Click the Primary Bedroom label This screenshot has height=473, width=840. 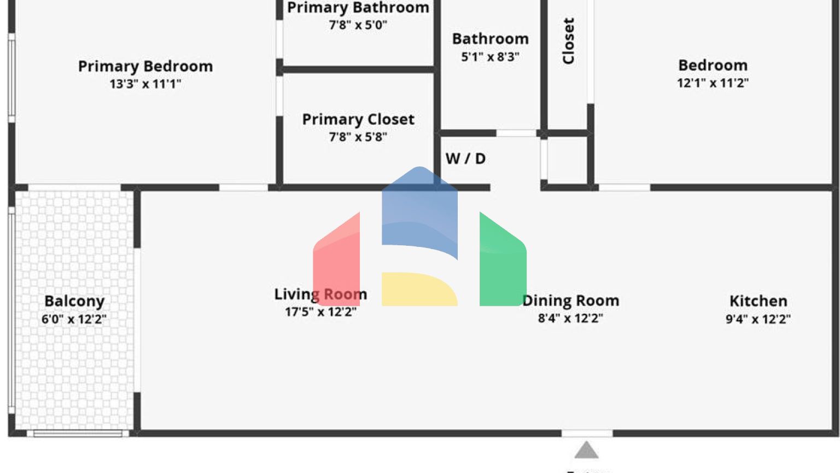tap(145, 66)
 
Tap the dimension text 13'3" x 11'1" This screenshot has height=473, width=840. tap(145, 84)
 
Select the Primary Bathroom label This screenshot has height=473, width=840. tap(358, 8)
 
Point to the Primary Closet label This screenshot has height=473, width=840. tap(358, 119)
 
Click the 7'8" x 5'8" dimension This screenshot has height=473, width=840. tap(358, 137)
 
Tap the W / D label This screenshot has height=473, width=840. tap(465, 159)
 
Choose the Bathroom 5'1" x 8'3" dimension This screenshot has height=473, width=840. tap(491, 56)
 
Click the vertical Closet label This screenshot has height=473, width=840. tap(569, 41)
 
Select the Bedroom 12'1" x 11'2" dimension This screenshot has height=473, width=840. tap(713, 83)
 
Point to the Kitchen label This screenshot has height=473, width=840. tap(758, 301)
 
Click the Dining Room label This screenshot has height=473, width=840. tap(570, 301)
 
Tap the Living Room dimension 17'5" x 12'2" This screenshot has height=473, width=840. tap(320, 312)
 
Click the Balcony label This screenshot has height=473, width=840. tap(74, 301)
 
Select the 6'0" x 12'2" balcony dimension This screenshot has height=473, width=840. tap(74, 319)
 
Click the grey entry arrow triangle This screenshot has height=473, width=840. tap(586, 451)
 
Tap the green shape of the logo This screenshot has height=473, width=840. tap(500, 263)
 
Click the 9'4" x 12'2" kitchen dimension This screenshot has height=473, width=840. tap(758, 319)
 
